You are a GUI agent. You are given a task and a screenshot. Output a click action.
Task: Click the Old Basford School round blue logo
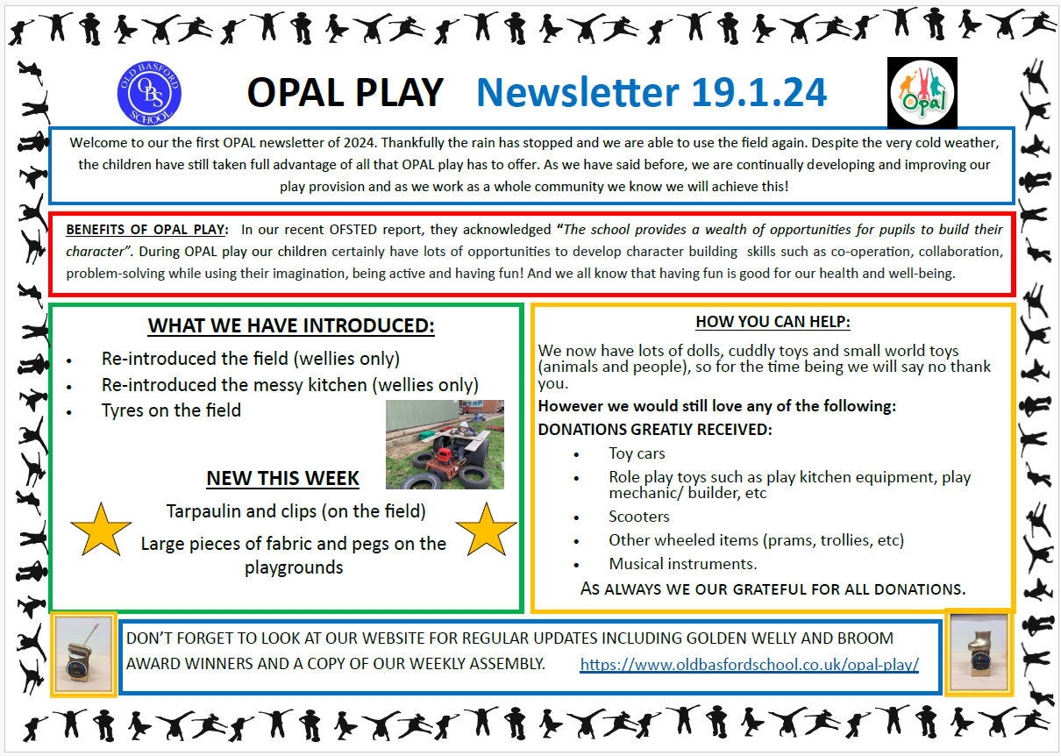pyautogui.click(x=150, y=91)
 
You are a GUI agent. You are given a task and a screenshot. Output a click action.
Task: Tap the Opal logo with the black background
pyautogui.click(x=922, y=92)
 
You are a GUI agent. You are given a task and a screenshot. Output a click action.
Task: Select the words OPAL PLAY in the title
pyautogui.click(x=345, y=92)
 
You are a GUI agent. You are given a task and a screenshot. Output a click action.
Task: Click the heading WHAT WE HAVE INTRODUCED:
pyautogui.click(x=291, y=326)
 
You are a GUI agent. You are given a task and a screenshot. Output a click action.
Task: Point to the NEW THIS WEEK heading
pyautogui.click(x=282, y=478)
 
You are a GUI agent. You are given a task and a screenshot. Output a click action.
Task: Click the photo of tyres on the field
pyautogui.click(x=445, y=445)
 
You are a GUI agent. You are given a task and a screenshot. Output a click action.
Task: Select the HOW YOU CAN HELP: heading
pyautogui.click(x=773, y=322)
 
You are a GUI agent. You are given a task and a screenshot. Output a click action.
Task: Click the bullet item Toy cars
pyautogui.click(x=637, y=453)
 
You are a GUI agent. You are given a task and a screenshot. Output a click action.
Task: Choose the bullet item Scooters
pyautogui.click(x=639, y=517)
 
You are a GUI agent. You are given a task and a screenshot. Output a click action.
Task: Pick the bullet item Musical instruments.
pyautogui.click(x=683, y=564)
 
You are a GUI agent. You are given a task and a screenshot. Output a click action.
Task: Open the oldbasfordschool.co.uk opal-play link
pyautogui.click(x=749, y=664)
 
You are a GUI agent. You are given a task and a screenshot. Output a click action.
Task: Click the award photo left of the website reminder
pyautogui.click(x=83, y=654)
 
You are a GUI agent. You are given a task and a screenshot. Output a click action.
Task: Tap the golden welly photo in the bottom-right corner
pyautogui.click(x=978, y=653)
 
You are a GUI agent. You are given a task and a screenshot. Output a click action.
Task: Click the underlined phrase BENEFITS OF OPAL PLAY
pyautogui.click(x=145, y=231)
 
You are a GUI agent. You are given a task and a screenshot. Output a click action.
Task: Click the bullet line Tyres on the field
pyautogui.click(x=171, y=410)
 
